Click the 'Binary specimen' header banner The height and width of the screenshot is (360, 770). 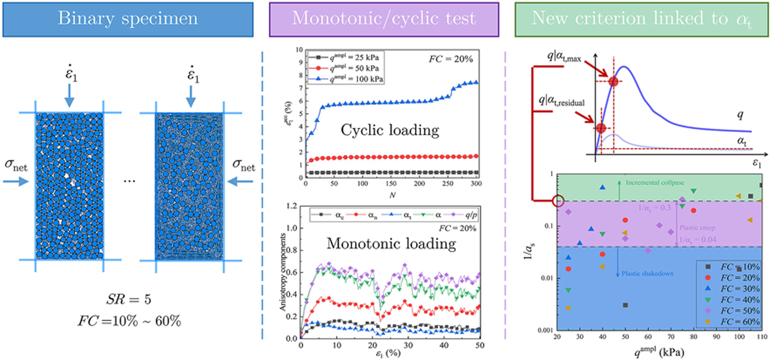click(x=128, y=19)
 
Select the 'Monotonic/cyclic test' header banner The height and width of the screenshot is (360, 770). click(x=384, y=19)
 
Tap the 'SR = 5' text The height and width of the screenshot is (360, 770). click(x=128, y=299)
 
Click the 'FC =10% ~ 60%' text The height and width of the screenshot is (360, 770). click(x=130, y=321)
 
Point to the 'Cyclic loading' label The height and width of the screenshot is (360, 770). click(x=390, y=130)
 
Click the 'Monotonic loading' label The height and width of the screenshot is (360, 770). click(x=391, y=243)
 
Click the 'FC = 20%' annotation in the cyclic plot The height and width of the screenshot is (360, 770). click(x=451, y=59)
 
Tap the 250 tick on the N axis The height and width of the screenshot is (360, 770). click(x=448, y=184)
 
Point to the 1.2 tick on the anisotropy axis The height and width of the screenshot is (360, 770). click(x=292, y=206)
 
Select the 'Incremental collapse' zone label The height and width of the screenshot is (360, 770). click(x=655, y=183)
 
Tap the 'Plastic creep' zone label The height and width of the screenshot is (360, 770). click(x=697, y=228)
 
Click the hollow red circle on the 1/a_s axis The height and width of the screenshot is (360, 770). click(x=558, y=201)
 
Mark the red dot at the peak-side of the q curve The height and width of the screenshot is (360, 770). click(x=613, y=82)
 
